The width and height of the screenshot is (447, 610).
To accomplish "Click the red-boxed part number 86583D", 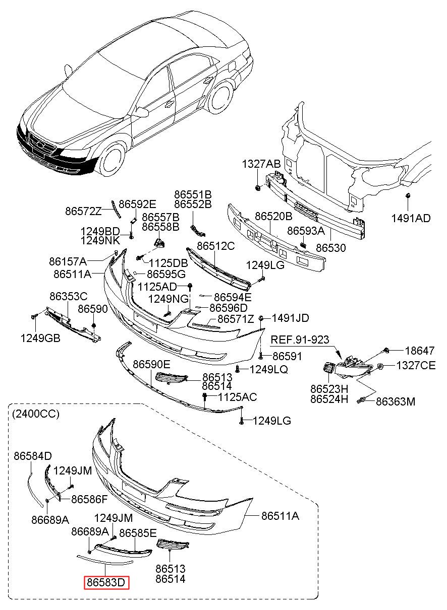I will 106,583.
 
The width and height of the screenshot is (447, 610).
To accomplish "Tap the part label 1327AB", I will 261,164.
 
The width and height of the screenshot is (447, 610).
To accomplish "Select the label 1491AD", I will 411,218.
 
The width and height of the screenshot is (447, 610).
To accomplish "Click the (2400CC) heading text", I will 34,414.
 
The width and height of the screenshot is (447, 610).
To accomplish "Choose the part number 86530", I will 331,248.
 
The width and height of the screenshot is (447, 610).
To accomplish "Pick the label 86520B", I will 273,217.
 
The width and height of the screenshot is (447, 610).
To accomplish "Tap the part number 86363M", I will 396,401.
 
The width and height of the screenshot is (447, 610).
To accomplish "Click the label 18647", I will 420,351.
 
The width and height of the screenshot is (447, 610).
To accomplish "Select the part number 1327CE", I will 416,366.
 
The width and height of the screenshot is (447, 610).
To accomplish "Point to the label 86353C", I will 68,296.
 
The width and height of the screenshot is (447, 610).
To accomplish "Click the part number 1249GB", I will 40,338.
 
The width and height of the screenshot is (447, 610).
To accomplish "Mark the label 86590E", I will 151,364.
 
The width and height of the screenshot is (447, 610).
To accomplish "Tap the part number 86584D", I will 33,456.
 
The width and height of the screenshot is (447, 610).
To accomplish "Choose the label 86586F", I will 89,499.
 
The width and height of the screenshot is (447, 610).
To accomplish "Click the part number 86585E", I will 138,532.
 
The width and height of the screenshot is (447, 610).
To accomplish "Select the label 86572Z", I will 83,212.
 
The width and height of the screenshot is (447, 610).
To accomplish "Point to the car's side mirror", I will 142,112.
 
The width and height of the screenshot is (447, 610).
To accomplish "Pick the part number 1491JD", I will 291,318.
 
